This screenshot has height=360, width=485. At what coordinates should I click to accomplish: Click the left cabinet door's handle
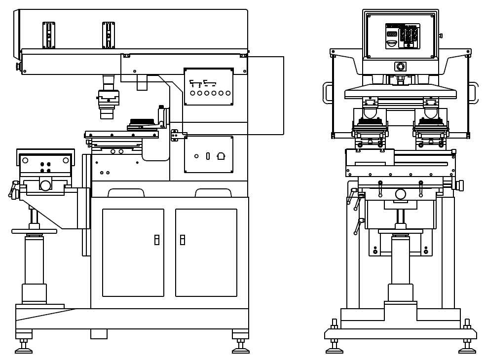coord(157,240)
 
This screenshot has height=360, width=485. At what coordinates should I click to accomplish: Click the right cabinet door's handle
coord(182,240)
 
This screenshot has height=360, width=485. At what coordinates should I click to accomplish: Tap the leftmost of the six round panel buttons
coord(192,93)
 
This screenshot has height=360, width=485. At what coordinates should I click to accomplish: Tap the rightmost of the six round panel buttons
coord(228,93)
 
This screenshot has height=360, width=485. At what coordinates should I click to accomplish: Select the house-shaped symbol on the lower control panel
coord(221,156)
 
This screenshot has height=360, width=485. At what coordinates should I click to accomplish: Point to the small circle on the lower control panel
coord(196,156)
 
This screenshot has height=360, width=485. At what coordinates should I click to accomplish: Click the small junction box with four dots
coord(175,135)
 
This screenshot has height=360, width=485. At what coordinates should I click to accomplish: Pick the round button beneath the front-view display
coord(400,66)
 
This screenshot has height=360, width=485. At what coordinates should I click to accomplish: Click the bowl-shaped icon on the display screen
coord(392,43)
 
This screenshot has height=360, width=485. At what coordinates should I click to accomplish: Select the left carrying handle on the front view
coord(327,93)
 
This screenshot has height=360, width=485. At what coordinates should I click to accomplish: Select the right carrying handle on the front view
coord(473,93)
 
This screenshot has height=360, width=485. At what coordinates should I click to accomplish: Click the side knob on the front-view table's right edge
coord(460,185)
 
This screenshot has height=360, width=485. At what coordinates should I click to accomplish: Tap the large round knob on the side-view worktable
coord(45,185)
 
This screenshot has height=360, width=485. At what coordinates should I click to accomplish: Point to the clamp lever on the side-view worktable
coord(12,190)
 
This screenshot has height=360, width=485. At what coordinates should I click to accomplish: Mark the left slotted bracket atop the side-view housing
coord(49,35)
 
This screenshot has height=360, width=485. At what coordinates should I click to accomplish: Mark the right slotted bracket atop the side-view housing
coord(109,35)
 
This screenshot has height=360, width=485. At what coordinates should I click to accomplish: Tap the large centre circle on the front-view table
coord(400,194)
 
